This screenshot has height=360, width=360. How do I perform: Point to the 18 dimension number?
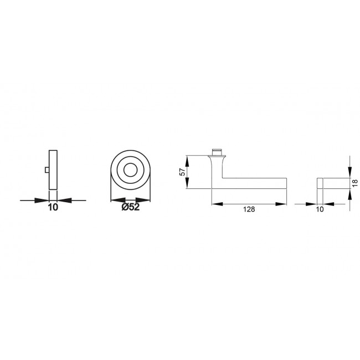click(x=356, y=183)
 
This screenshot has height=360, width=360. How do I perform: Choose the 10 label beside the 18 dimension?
click(x=320, y=210)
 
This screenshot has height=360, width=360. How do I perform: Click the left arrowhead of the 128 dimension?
click(x=215, y=204)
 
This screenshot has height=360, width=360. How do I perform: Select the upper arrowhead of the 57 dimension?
click(x=188, y=160)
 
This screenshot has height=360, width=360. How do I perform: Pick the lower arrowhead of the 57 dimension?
click(x=188, y=186)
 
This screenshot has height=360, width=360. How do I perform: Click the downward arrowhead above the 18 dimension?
click(x=349, y=174)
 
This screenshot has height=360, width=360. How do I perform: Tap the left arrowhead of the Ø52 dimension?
click(x=115, y=200)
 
